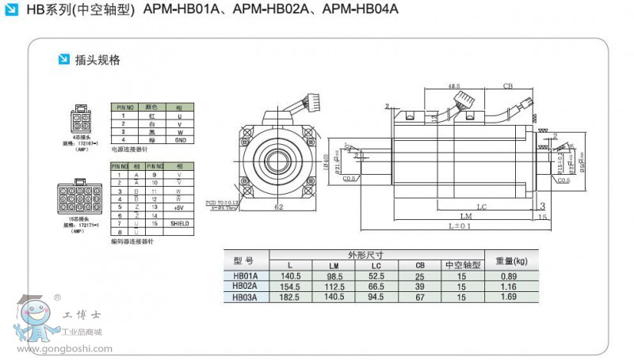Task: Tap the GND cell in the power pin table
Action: pyautogui.click(x=179, y=139)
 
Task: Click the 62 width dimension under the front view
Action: pyautogui.click(x=278, y=207)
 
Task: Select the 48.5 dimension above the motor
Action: pyautogui.click(x=454, y=86)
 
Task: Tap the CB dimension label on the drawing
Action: pyautogui.click(x=507, y=86)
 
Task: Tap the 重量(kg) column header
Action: pyautogui.click(x=511, y=260)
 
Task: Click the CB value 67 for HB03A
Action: pyautogui.click(x=420, y=297)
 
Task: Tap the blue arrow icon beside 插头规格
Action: pyautogui.click(x=64, y=59)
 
